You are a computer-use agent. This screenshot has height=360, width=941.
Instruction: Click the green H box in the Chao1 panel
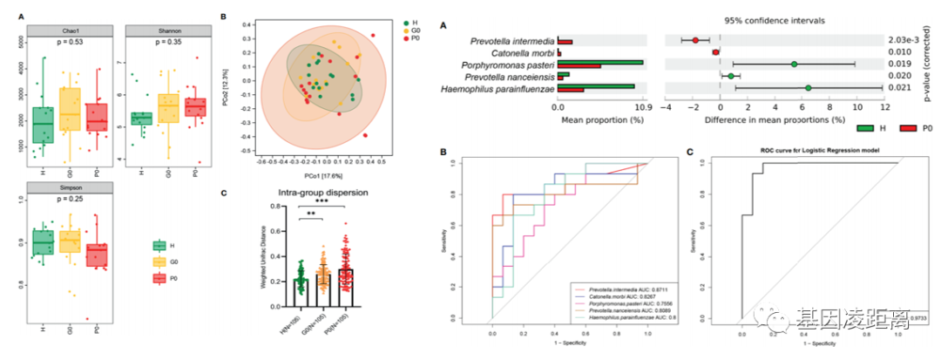pyautogui.click(x=42, y=125)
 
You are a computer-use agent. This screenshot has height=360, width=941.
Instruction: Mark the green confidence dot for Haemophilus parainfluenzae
pyautogui.click(x=808, y=88)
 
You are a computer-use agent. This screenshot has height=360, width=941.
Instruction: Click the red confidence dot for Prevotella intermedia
pyautogui.click(x=695, y=40)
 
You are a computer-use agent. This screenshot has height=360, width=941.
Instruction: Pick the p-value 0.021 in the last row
pyautogui.click(x=911, y=88)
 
